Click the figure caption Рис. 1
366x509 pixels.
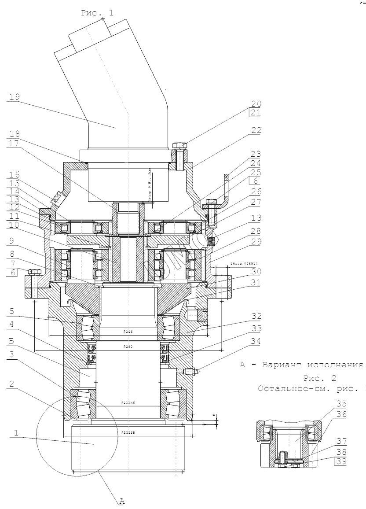pos(97,13)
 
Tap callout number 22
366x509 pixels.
pos(256,130)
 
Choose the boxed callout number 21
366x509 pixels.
pos(256,114)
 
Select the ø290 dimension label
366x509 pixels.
pos(128,347)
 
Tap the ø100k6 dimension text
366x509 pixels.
pos(128,403)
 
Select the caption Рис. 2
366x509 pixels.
pos(320,379)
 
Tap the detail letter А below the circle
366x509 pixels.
pos(122,500)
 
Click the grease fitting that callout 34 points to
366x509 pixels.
pos(192,372)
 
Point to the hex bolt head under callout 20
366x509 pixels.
pos(180,145)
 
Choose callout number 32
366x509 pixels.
pos(256,316)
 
